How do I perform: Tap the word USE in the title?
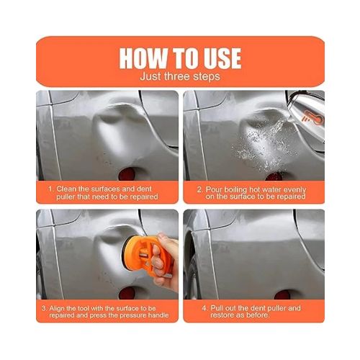coord(216,58)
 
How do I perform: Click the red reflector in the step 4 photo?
coord(280,294)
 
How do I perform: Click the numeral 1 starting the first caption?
coord(51,189)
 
